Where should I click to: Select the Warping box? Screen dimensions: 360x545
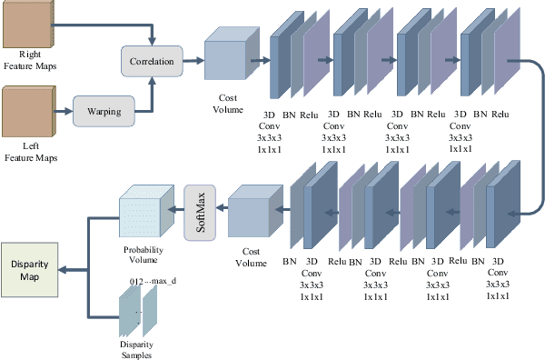click(x=104, y=112)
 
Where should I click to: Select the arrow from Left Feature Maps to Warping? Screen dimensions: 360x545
click(x=62, y=112)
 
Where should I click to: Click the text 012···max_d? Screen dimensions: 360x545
click(x=153, y=283)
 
